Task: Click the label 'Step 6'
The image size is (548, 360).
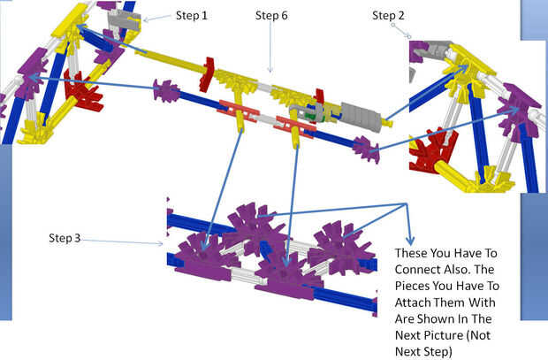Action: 271,15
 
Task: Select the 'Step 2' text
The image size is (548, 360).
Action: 388,15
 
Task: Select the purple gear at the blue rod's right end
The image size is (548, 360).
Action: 365,149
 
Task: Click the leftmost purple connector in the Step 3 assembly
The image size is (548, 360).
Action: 200,251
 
